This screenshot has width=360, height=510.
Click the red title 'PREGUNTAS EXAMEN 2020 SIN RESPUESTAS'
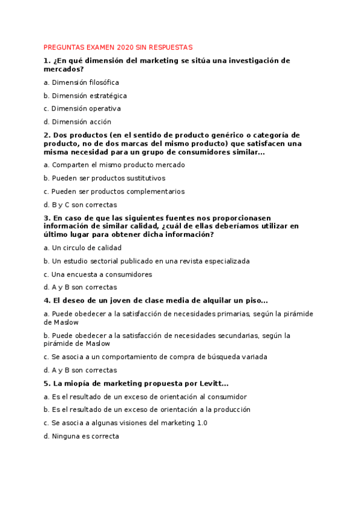118,47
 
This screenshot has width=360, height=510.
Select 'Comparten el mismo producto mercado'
114,165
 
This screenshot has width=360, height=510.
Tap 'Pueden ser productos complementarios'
114,191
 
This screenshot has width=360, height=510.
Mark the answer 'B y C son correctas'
80,204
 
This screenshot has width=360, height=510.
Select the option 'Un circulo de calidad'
82,248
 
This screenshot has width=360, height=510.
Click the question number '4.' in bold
47,301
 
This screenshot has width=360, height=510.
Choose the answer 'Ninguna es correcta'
81,436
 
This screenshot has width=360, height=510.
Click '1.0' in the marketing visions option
202,423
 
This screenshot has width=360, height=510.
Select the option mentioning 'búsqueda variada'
156,357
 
